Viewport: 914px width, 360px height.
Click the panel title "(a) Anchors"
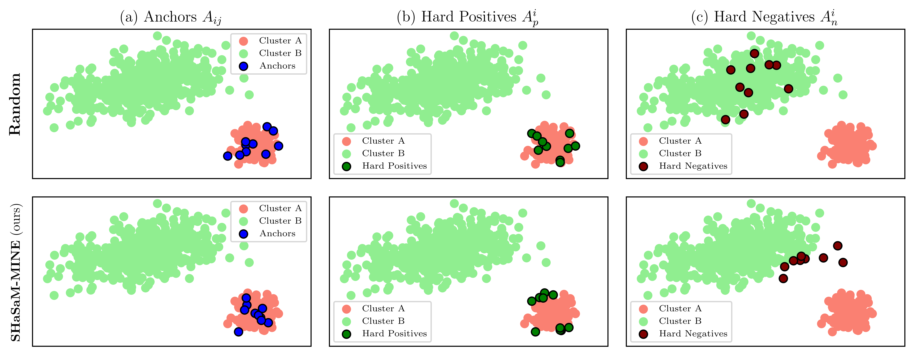pos(171,17)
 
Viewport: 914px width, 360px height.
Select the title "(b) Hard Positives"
pos(468,17)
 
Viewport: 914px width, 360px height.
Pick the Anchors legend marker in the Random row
pos(243,66)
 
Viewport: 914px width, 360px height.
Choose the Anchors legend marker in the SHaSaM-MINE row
pos(243,234)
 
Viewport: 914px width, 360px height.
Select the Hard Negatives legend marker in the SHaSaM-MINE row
pos(643,334)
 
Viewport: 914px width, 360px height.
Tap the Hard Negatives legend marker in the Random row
pos(643,166)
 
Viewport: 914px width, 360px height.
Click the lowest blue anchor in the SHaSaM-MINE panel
pos(238,332)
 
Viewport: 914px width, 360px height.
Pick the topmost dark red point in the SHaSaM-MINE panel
pos(837,245)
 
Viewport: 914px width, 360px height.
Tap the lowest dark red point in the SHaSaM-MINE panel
pos(783,278)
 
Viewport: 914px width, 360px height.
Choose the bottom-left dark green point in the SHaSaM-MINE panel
pos(535,332)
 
